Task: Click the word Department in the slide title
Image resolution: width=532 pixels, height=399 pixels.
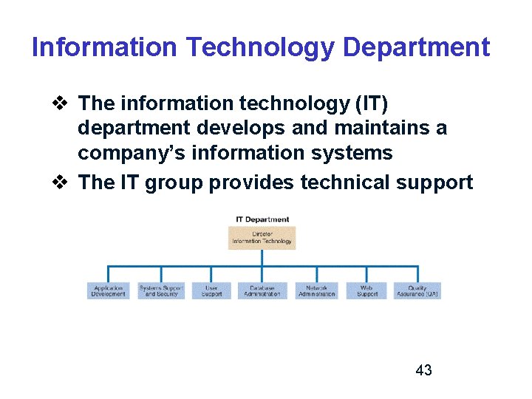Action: tap(417, 48)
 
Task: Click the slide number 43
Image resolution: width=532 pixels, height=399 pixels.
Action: tap(424, 370)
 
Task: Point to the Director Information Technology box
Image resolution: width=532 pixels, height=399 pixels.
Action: tap(262, 237)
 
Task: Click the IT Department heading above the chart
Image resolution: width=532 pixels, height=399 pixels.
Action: tap(262, 219)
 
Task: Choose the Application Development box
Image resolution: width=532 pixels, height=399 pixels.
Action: tap(108, 290)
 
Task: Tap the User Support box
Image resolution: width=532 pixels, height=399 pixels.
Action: tap(211, 290)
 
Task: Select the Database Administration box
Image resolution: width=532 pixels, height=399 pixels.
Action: tap(262, 290)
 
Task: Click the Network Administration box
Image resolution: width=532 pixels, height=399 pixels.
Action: tap(316, 290)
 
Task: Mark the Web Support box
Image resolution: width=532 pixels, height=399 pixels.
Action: tap(367, 290)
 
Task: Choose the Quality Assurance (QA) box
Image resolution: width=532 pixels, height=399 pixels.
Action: tap(417, 290)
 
